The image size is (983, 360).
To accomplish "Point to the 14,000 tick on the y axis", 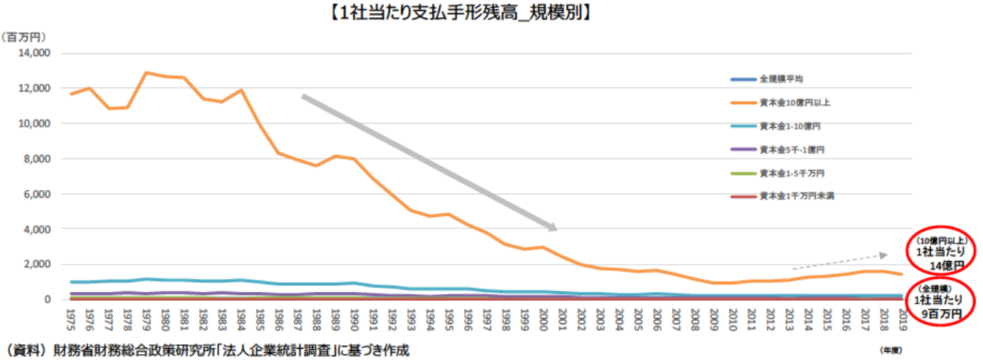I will click(34, 53).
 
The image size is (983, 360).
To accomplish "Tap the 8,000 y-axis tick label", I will click(37, 159).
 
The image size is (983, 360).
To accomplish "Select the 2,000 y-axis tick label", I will click(37, 264).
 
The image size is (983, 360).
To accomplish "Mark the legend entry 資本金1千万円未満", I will click(793, 195).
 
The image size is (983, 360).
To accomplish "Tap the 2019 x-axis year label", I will click(904, 318).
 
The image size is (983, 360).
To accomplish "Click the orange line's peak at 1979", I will click(147, 73).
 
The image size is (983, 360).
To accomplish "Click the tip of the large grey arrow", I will click(556, 229).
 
